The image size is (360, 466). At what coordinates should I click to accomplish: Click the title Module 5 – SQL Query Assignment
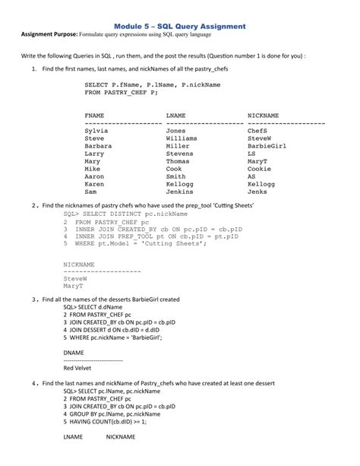pyautogui.click(x=180, y=26)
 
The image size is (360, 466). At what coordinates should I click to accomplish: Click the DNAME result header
pyautogui.click(x=74, y=353)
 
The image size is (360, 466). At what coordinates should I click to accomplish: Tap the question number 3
pyautogui.click(x=35, y=299)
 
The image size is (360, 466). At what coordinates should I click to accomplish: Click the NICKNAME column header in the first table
pyautogui.click(x=263, y=115)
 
